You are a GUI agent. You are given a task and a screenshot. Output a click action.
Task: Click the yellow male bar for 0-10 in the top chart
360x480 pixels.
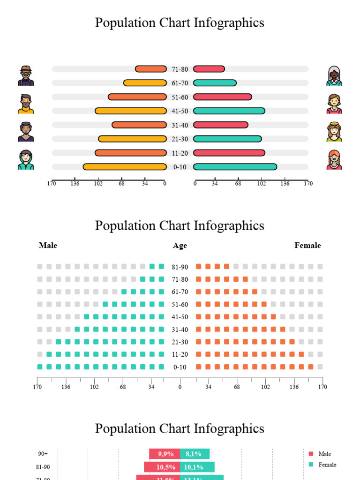(125, 167)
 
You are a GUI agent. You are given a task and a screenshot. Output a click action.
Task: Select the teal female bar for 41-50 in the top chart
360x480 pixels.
(229, 111)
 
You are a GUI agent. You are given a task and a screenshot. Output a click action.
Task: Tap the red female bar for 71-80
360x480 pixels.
(209, 69)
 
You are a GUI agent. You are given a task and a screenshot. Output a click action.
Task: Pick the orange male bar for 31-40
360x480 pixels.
(139, 125)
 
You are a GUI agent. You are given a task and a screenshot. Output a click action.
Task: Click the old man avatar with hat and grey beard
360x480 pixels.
(26, 76)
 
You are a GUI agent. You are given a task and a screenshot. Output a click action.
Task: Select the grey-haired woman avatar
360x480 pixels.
(334, 76)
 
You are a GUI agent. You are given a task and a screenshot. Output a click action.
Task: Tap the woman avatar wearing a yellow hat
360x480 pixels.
(334, 132)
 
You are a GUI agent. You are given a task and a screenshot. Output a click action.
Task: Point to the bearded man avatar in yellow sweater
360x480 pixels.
(26, 104)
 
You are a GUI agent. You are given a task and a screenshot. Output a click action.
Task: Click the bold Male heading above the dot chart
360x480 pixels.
(48, 246)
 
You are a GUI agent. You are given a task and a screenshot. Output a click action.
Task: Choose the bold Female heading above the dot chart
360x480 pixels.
(307, 246)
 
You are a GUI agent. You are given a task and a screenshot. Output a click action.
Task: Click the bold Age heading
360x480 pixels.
(180, 246)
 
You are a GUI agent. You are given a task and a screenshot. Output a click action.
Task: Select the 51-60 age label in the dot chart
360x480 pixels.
(180, 304)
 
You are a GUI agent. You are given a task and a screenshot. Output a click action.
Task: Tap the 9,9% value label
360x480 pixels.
(165, 454)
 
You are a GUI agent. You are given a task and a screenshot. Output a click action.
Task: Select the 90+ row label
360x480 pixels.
(43, 454)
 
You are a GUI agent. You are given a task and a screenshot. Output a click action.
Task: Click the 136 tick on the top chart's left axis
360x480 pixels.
(75, 183)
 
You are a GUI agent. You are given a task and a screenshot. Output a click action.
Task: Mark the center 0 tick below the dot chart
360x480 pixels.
(180, 387)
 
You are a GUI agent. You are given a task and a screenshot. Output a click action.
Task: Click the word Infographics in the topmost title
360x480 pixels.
(229, 22)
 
